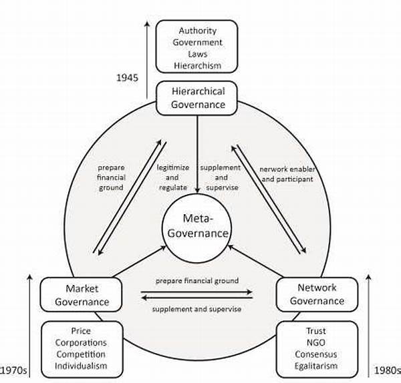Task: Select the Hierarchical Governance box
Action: pyautogui.click(x=197, y=97)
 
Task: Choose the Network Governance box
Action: pyautogui.click(x=311, y=294)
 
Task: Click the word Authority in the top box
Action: pyautogui.click(x=196, y=31)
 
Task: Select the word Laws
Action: pyautogui.click(x=196, y=54)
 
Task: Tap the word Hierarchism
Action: pyautogui.click(x=196, y=65)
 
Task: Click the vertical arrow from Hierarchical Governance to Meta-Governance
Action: pyautogui.click(x=197, y=160)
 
